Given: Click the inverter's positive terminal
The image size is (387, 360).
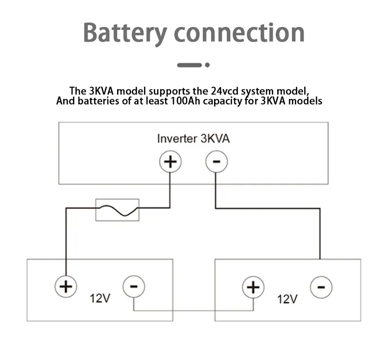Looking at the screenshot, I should [170, 162].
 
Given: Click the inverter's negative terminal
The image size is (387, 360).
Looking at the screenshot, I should [216, 162].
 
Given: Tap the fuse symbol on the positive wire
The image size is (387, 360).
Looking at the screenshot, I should [117, 210].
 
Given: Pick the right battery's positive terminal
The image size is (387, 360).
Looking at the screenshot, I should [253, 287].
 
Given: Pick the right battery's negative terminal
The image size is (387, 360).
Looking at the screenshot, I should [321, 287].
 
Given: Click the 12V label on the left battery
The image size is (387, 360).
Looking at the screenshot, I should [100, 298].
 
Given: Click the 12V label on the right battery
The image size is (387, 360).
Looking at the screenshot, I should [288, 298].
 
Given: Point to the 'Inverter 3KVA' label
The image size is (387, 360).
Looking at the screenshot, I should [193, 139].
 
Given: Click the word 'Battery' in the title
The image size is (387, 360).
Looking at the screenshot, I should [124, 32].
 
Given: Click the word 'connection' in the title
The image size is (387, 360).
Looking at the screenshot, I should [240, 32].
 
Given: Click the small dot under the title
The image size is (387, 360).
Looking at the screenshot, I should [207, 65].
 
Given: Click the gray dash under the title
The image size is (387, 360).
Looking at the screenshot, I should [189, 65].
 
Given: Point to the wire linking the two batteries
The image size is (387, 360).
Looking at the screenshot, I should [193, 311].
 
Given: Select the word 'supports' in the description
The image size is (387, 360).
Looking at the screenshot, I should [167, 91].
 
